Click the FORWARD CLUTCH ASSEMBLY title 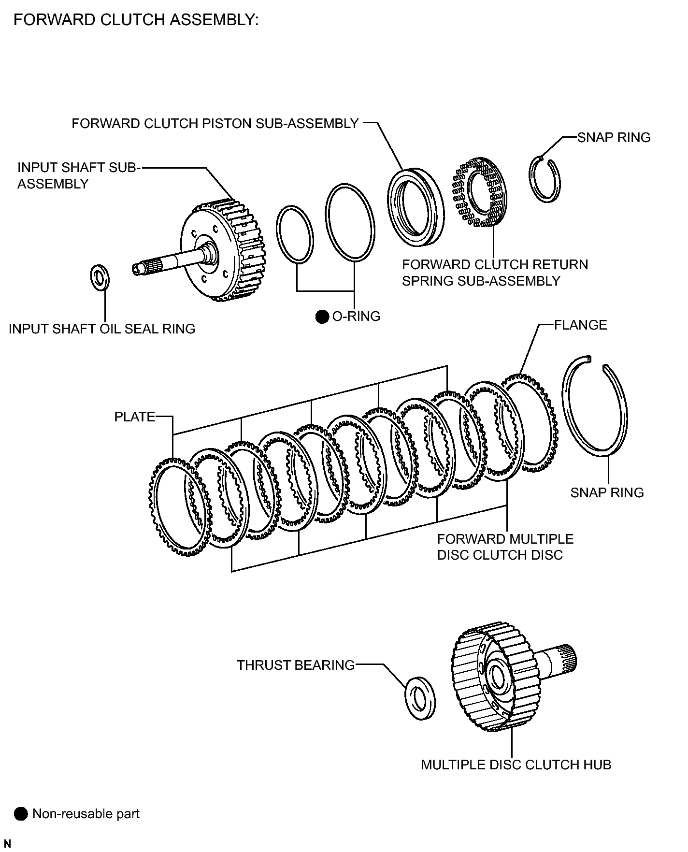click(136, 20)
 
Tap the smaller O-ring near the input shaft click(294, 235)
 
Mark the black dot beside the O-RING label click(322, 317)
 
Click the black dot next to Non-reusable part click(21, 814)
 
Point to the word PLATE click(135, 417)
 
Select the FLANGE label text click(580, 325)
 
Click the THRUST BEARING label click(295, 665)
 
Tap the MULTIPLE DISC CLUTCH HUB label click(516, 765)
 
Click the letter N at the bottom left click(7, 843)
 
